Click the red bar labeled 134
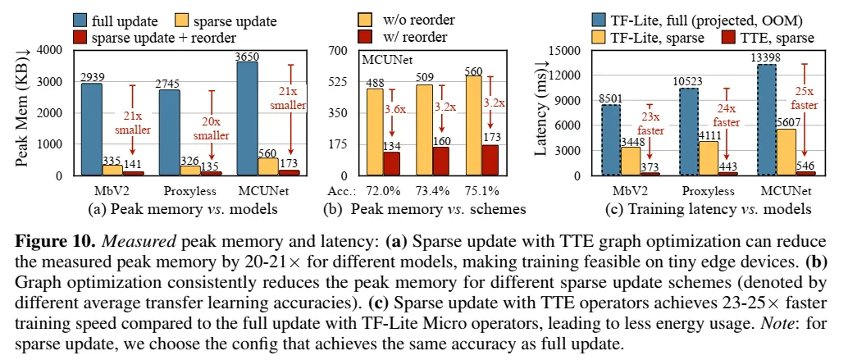click(x=392, y=163)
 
